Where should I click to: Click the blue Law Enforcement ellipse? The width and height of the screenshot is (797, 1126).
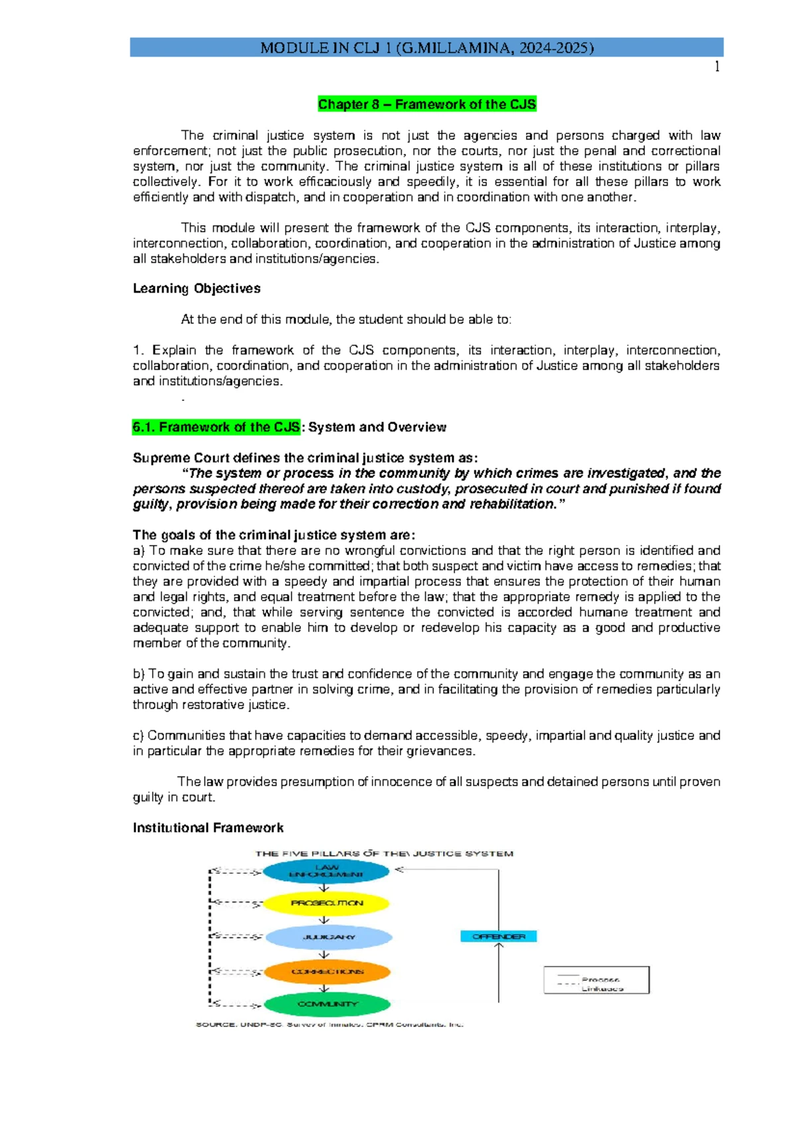click(326, 871)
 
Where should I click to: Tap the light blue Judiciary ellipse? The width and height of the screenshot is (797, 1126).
click(328, 937)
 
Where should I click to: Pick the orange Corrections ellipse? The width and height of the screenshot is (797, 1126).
click(327, 971)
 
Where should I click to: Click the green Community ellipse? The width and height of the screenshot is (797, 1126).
click(327, 1004)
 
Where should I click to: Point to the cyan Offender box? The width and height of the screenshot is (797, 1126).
click(498, 936)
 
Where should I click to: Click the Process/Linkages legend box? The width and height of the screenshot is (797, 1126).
click(596, 980)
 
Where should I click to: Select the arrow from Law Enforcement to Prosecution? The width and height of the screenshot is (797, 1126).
click(324, 888)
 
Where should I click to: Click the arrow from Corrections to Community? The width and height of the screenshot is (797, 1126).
click(324, 988)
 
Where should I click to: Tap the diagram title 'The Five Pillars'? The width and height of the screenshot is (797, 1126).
click(384, 853)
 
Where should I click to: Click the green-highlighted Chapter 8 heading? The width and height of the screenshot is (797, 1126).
click(426, 104)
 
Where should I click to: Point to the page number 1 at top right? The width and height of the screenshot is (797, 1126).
click(717, 66)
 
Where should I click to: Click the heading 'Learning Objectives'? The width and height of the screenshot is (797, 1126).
click(197, 288)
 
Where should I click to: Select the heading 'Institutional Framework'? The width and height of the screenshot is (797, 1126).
click(208, 828)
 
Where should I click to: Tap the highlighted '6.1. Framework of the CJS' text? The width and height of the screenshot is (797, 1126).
click(217, 427)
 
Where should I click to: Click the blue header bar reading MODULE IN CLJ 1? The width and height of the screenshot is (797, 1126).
click(426, 47)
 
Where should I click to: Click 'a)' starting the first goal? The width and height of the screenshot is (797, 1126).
click(138, 550)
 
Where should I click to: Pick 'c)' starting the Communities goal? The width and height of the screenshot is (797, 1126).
click(138, 736)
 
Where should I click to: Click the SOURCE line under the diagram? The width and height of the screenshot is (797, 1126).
click(329, 1024)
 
